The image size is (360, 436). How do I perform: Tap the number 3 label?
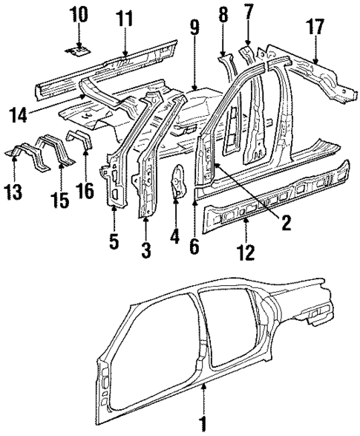pyautogui.click(x=145, y=250)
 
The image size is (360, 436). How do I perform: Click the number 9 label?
pyautogui.click(x=194, y=30)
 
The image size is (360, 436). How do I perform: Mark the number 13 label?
pyautogui.click(x=15, y=194)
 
